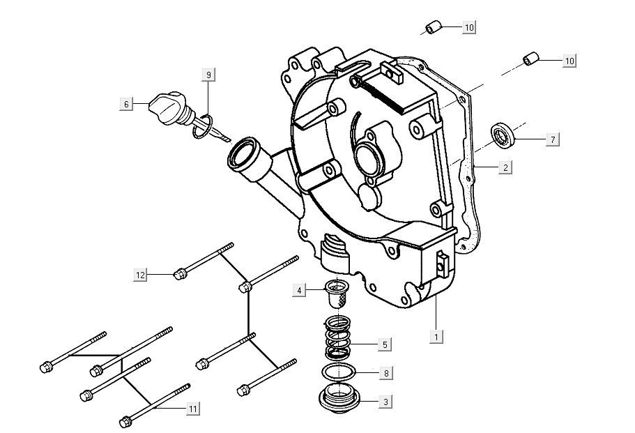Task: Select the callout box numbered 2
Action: tap(505, 167)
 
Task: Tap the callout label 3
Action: tap(385, 402)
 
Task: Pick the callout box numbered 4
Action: tap(299, 290)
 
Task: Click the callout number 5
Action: tap(385, 344)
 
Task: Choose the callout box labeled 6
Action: tap(126, 104)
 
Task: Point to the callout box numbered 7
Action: tap(552, 140)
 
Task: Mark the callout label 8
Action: tap(385, 373)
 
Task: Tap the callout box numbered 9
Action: tap(208, 75)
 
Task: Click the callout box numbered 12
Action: tap(141, 275)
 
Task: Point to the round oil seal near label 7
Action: tap(503, 134)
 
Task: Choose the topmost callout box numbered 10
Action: tap(469, 27)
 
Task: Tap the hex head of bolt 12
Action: tap(178, 273)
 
